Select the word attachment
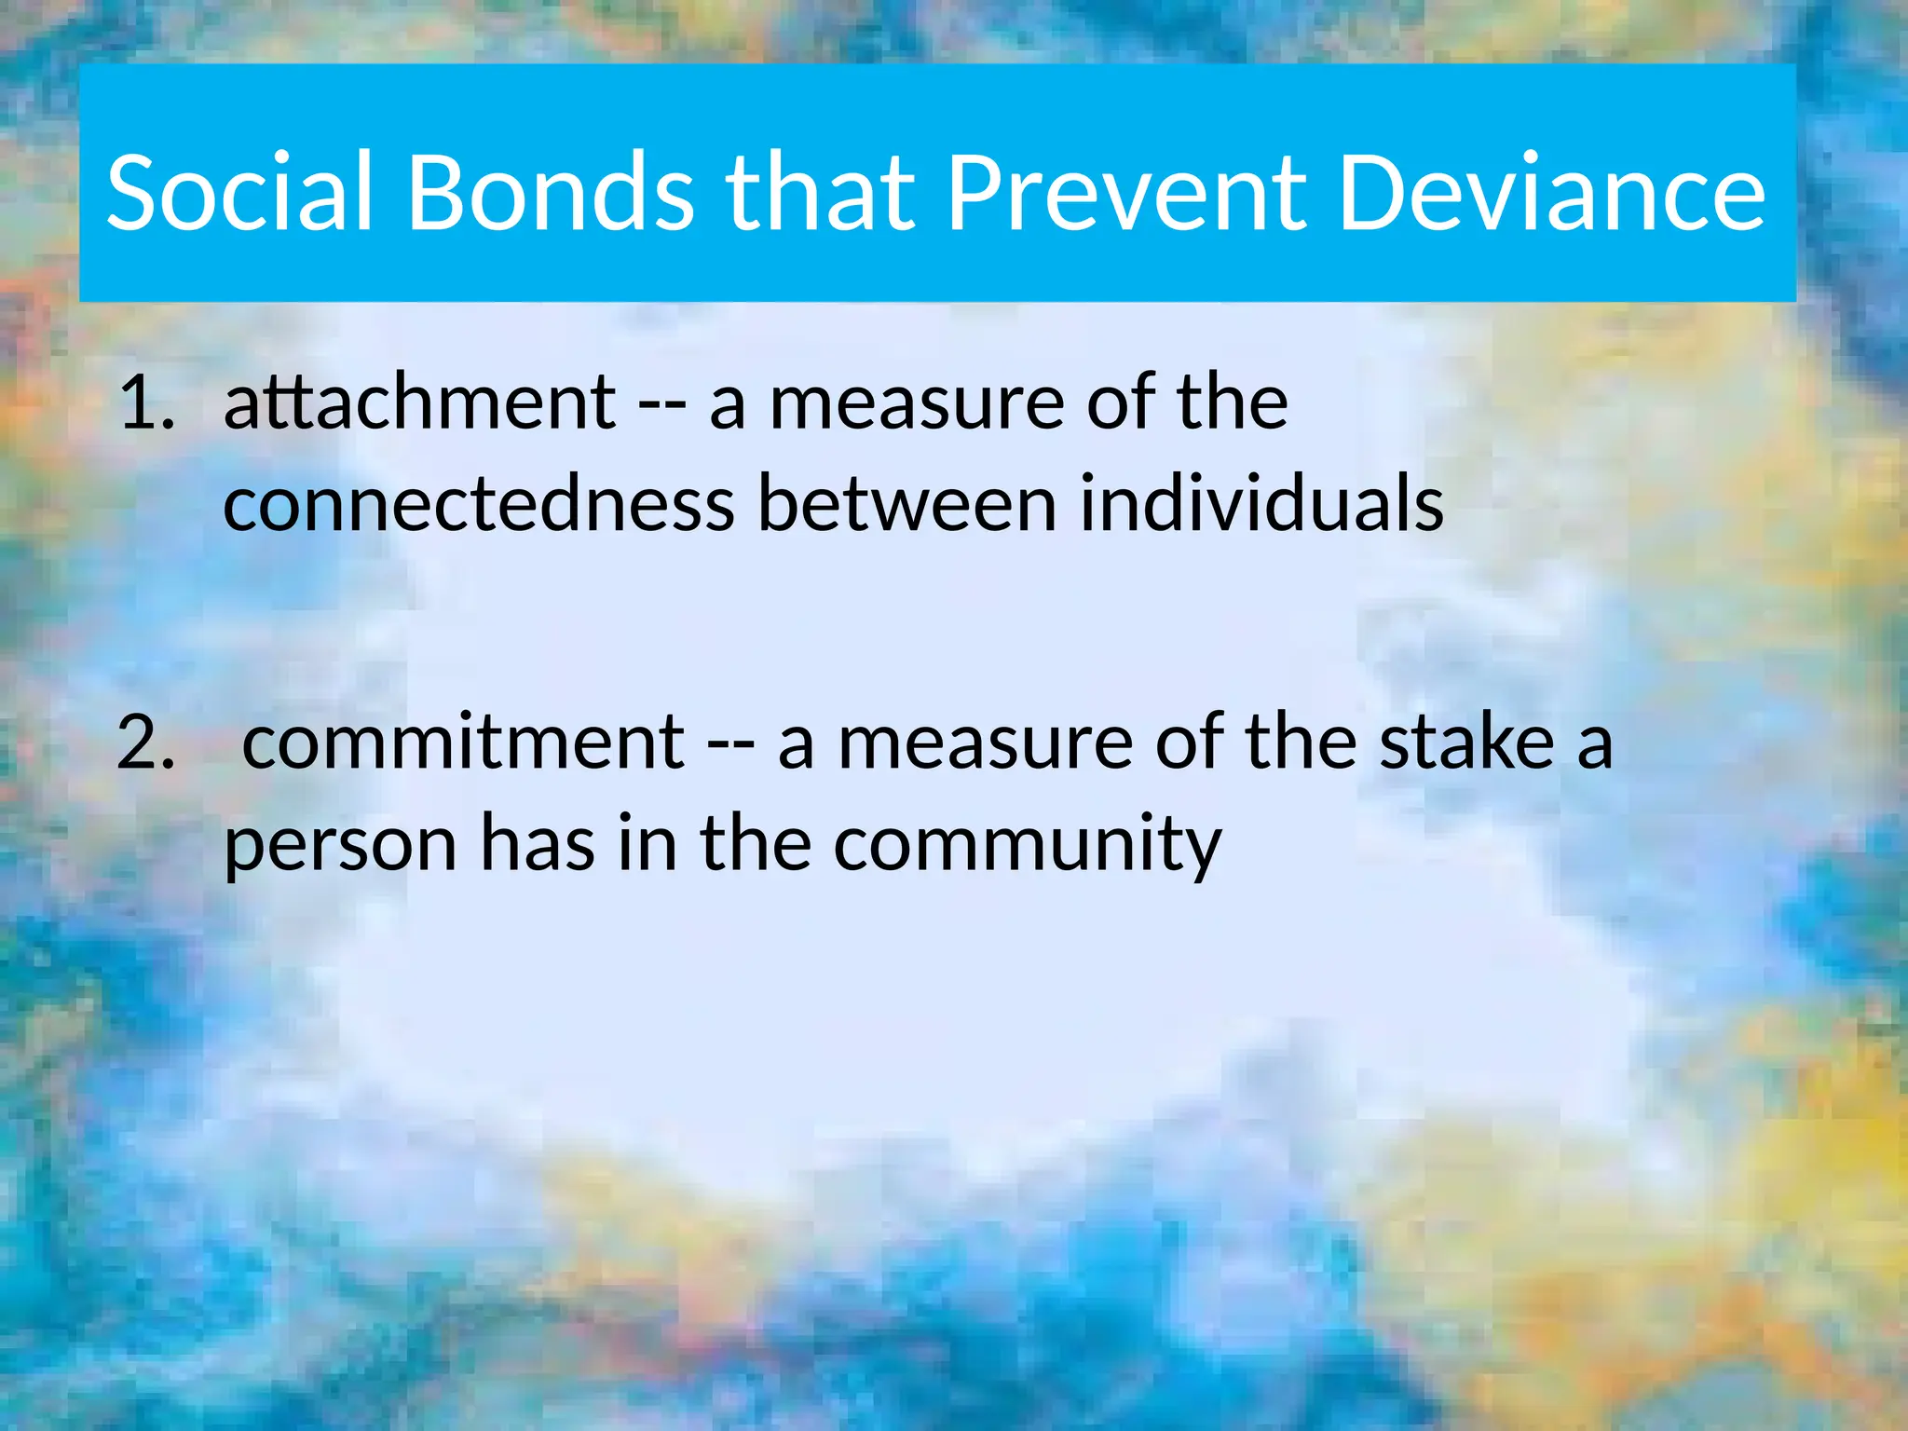tap(419, 403)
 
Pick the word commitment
tap(463, 743)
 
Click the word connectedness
tap(479, 504)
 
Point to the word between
tap(906, 504)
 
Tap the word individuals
tap(1261, 504)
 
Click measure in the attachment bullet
tap(917, 403)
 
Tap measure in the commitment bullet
tap(986, 743)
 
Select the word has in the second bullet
tap(537, 843)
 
